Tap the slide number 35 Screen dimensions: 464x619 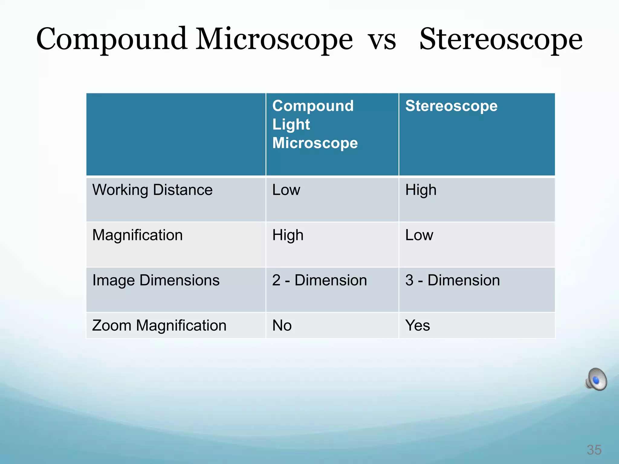pyautogui.click(x=594, y=450)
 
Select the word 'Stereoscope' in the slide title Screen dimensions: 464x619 pyautogui.click(x=501, y=39)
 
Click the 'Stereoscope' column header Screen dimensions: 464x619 pyautogui.click(x=451, y=106)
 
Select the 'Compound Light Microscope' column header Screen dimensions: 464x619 pyautogui.click(x=315, y=124)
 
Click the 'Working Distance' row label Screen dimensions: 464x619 pyautogui.click(x=152, y=190)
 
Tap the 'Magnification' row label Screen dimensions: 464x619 pyautogui.click(x=138, y=235)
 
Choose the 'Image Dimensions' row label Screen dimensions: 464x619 pyautogui.click(x=156, y=280)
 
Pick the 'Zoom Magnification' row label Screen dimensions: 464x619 pyautogui.click(x=159, y=325)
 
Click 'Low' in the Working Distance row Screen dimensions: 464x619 pyautogui.click(x=286, y=190)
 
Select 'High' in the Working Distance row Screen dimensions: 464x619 pyautogui.click(x=421, y=190)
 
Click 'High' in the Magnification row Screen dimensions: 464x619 pyautogui.click(x=288, y=235)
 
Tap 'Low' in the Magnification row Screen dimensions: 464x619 pyautogui.click(x=419, y=235)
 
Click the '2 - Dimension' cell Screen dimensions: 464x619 pyautogui.click(x=319, y=280)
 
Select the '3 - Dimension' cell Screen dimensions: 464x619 pyautogui.click(x=452, y=280)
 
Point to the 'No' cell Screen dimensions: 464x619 pyautogui.click(x=282, y=325)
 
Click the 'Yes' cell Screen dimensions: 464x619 pyautogui.click(x=417, y=325)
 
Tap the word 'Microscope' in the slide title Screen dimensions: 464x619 pyautogui.click(x=274, y=39)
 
